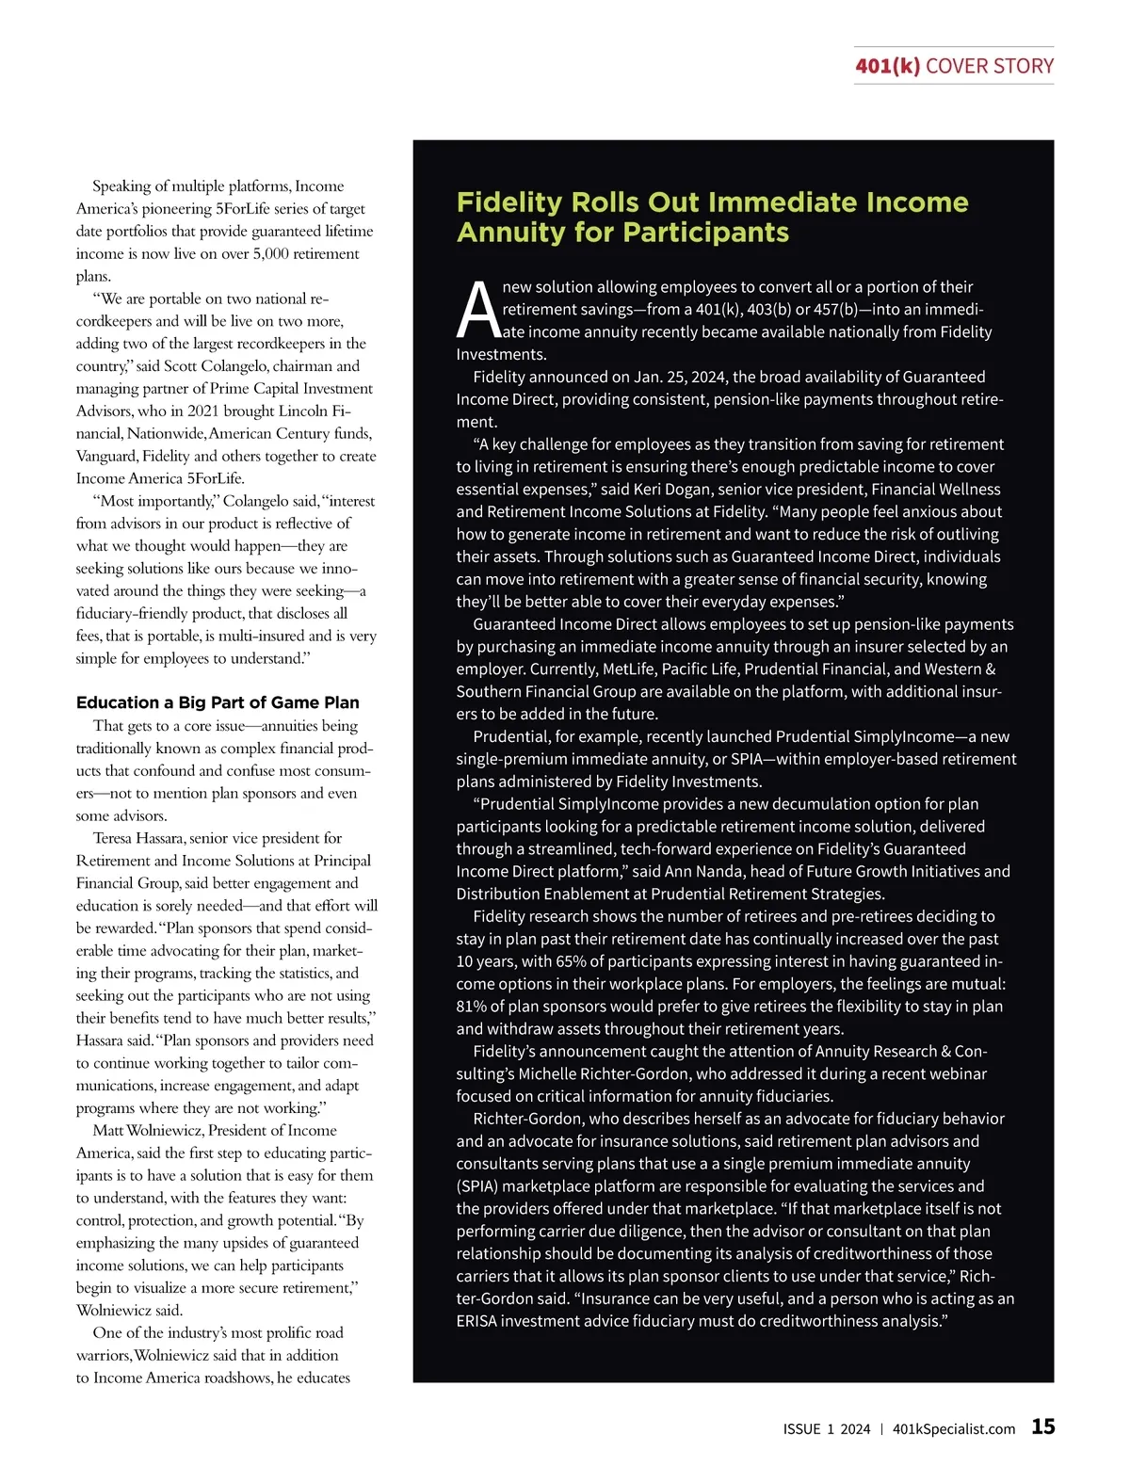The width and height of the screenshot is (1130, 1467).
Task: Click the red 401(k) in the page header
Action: tap(887, 66)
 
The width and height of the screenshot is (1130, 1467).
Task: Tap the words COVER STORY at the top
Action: tap(990, 66)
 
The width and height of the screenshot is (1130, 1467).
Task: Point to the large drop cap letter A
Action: tap(478, 311)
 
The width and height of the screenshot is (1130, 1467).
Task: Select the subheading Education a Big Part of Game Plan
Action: tap(218, 702)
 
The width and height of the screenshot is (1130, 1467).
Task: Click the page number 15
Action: tap(1042, 1427)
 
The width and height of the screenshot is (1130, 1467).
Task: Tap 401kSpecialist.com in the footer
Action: tap(954, 1428)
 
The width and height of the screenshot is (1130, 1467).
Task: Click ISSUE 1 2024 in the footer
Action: tap(827, 1428)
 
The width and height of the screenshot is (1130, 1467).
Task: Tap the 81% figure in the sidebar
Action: tap(473, 1007)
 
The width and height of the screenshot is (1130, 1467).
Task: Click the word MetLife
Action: tap(622, 669)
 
